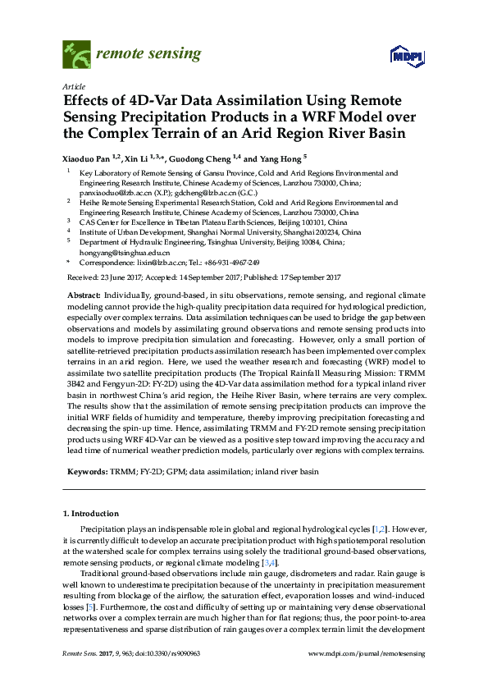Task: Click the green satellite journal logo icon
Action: click(x=75, y=55)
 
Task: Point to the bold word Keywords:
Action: click(x=84, y=473)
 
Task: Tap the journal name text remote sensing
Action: click(x=148, y=55)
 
